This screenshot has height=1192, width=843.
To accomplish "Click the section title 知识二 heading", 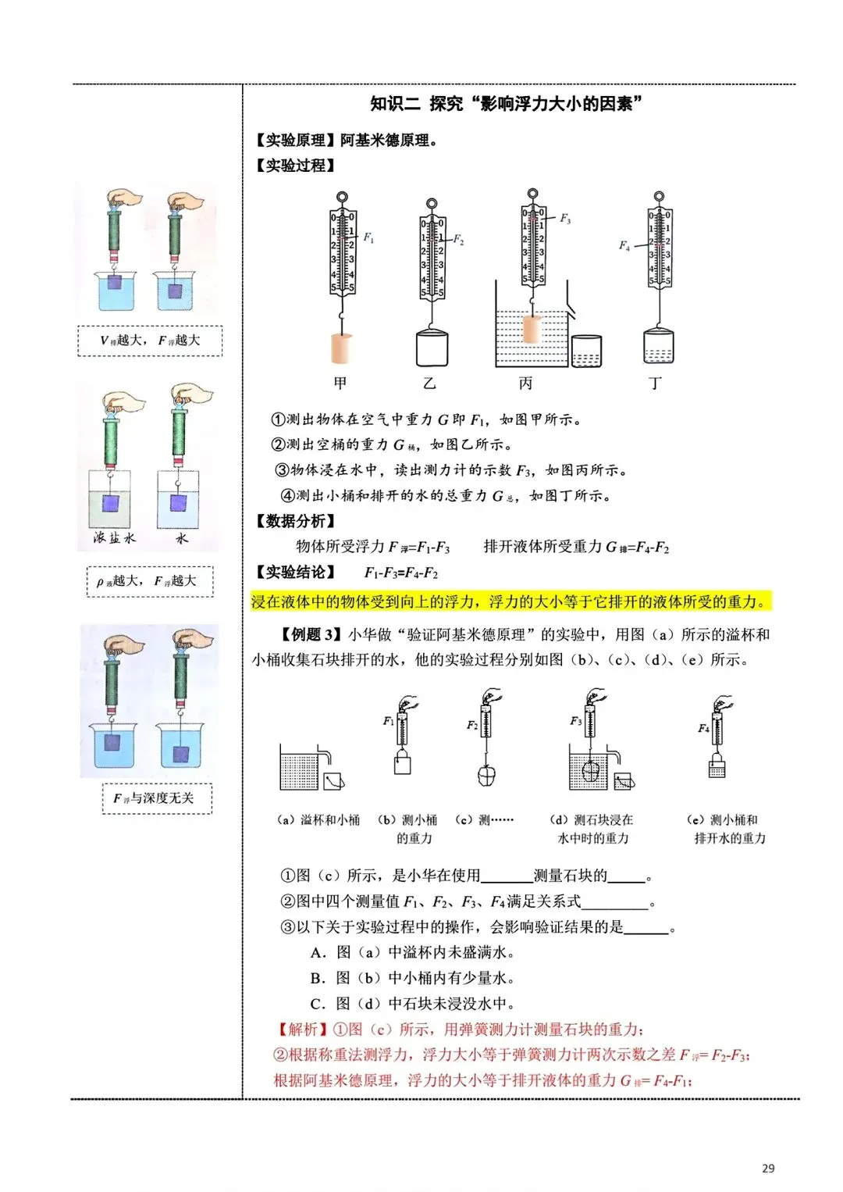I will coord(507,104).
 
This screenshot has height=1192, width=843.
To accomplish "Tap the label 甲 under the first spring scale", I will coord(340,383).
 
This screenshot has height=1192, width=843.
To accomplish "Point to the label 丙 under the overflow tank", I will coord(525,383).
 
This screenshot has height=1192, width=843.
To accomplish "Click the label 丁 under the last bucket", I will coord(656,383).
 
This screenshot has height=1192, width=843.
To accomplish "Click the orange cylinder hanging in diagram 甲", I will coord(342,348).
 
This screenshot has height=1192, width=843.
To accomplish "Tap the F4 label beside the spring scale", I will coord(624,245).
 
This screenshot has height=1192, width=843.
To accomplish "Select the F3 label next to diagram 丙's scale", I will coord(565,219).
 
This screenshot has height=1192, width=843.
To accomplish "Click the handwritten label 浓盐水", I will coord(115,537).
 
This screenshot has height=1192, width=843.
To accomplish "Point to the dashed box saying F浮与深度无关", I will coord(157,798).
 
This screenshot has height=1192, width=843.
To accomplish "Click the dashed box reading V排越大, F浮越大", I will coord(150,341).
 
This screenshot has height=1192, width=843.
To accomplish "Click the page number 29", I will coord(768,1169).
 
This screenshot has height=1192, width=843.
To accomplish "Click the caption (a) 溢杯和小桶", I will coord(318,819).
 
